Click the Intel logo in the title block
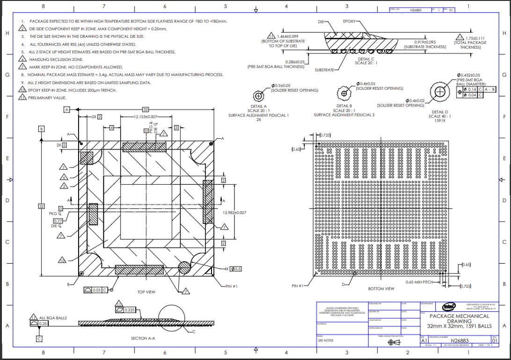pos(449,307)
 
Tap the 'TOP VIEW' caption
pos(146,292)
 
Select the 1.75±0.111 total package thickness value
pos(474,38)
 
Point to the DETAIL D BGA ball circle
pos(440,92)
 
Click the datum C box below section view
pos(39,338)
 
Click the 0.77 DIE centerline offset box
pos(58,221)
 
